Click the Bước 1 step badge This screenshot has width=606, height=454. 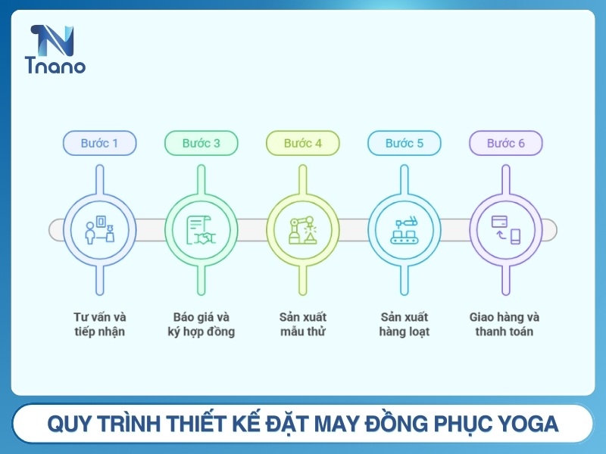click(x=99, y=143)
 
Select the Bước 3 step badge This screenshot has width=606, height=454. click(x=201, y=143)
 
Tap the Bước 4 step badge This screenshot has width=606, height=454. click(x=302, y=143)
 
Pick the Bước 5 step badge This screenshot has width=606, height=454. click(x=404, y=143)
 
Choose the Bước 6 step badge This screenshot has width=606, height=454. click(x=505, y=143)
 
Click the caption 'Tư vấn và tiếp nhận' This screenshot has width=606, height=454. click(x=99, y=324)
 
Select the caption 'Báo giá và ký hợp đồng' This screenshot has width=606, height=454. click(x=201, y=324)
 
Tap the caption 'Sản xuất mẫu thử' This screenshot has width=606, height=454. click(x=302, y=324)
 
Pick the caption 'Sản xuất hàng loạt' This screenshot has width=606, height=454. click(x=404, y=324)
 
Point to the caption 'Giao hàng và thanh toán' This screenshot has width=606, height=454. click(x=505, y=324)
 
